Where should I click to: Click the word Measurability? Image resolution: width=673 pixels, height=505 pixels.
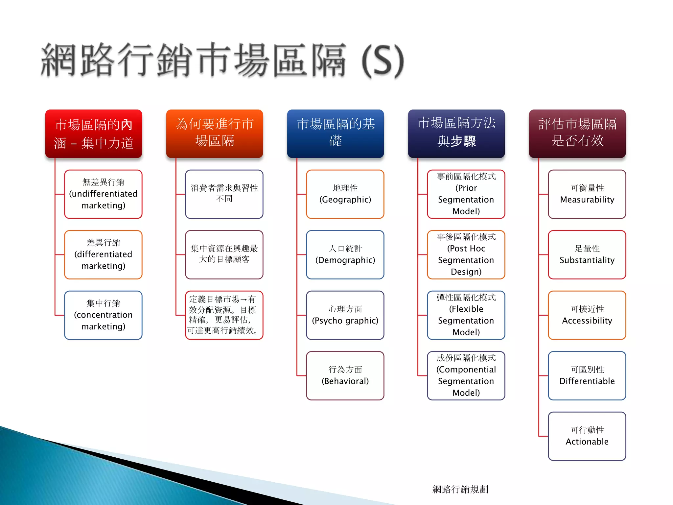587,200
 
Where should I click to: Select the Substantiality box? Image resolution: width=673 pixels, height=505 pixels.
587,255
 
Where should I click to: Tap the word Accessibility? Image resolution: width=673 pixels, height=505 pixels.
587,321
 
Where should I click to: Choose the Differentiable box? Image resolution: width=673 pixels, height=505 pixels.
587,376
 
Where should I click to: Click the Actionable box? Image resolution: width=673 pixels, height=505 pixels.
587,436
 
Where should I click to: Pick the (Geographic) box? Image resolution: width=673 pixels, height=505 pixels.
345,194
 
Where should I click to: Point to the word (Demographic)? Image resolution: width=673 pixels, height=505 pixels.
345,260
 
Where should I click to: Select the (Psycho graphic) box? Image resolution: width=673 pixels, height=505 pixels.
345,315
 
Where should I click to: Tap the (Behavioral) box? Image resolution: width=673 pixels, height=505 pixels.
345,376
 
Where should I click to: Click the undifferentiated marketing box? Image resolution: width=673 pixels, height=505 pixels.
103,194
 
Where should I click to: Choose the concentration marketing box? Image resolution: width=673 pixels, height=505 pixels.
103,315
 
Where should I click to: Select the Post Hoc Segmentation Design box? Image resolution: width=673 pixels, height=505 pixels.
466,255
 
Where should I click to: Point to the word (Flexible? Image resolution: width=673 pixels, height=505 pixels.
466,309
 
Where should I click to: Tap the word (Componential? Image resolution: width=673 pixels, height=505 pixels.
466,370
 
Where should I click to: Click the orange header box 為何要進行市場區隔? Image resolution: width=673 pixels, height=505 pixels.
215,133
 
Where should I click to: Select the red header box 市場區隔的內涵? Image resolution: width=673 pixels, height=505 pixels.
94,133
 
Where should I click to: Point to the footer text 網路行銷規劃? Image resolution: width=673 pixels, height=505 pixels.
460,489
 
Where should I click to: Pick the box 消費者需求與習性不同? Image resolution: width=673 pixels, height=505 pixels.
224,194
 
